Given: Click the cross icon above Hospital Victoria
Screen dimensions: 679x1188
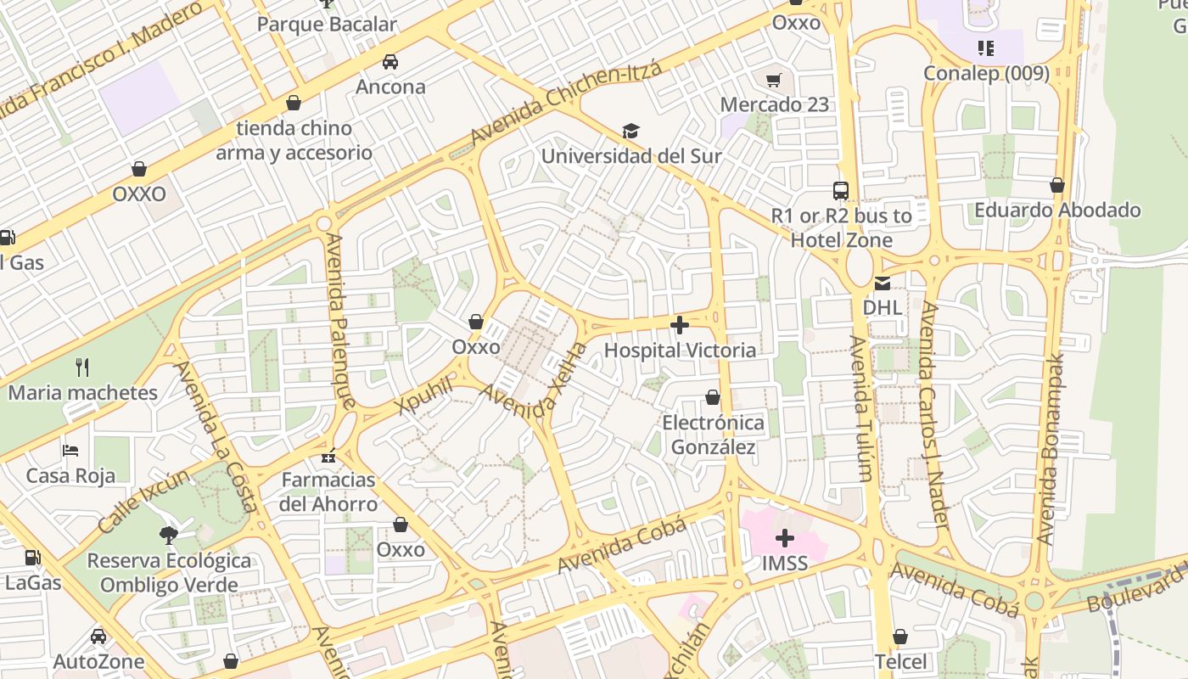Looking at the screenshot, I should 679,325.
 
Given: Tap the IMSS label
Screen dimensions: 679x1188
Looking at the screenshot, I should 784,564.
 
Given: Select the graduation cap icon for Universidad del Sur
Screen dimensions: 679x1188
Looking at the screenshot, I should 630,132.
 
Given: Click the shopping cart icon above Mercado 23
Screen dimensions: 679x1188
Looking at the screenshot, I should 773,81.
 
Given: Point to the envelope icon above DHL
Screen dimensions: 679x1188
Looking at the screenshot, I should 883,283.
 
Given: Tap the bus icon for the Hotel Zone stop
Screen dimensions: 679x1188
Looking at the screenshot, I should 841,191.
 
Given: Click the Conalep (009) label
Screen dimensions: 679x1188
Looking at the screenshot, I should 986,73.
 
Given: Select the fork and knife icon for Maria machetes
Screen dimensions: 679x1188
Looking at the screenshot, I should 82,368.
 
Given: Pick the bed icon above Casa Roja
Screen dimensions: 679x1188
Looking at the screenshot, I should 70,450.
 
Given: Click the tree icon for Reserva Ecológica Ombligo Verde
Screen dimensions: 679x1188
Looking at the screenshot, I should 168,535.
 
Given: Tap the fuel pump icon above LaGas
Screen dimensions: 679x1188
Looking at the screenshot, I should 32,558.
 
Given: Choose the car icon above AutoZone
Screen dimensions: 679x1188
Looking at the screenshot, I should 98,637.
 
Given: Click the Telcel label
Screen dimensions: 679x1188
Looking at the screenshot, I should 900,661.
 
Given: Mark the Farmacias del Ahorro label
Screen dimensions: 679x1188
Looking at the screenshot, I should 328,492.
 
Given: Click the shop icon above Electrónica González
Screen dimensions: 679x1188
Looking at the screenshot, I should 713,397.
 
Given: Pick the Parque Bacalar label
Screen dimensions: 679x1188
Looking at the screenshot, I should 327,24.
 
